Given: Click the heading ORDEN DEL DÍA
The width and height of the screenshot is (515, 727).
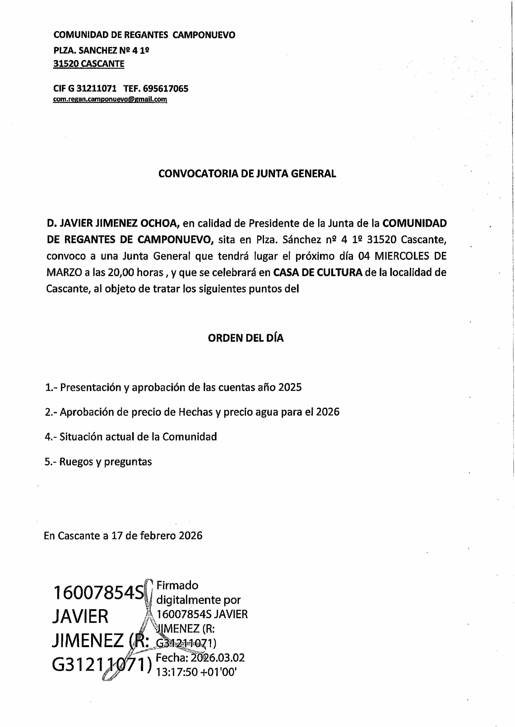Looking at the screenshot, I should (246, 338).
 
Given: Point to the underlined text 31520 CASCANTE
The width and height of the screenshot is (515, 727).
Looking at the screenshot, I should (89, 64).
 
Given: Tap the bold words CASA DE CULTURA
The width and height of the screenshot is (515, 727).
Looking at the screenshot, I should (318, 273).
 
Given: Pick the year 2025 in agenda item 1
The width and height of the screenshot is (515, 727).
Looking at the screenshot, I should (290, 387).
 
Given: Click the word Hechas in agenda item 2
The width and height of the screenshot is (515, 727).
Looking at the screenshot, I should (195, 412).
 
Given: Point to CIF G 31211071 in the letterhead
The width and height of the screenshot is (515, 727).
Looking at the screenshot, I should (85, 88).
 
